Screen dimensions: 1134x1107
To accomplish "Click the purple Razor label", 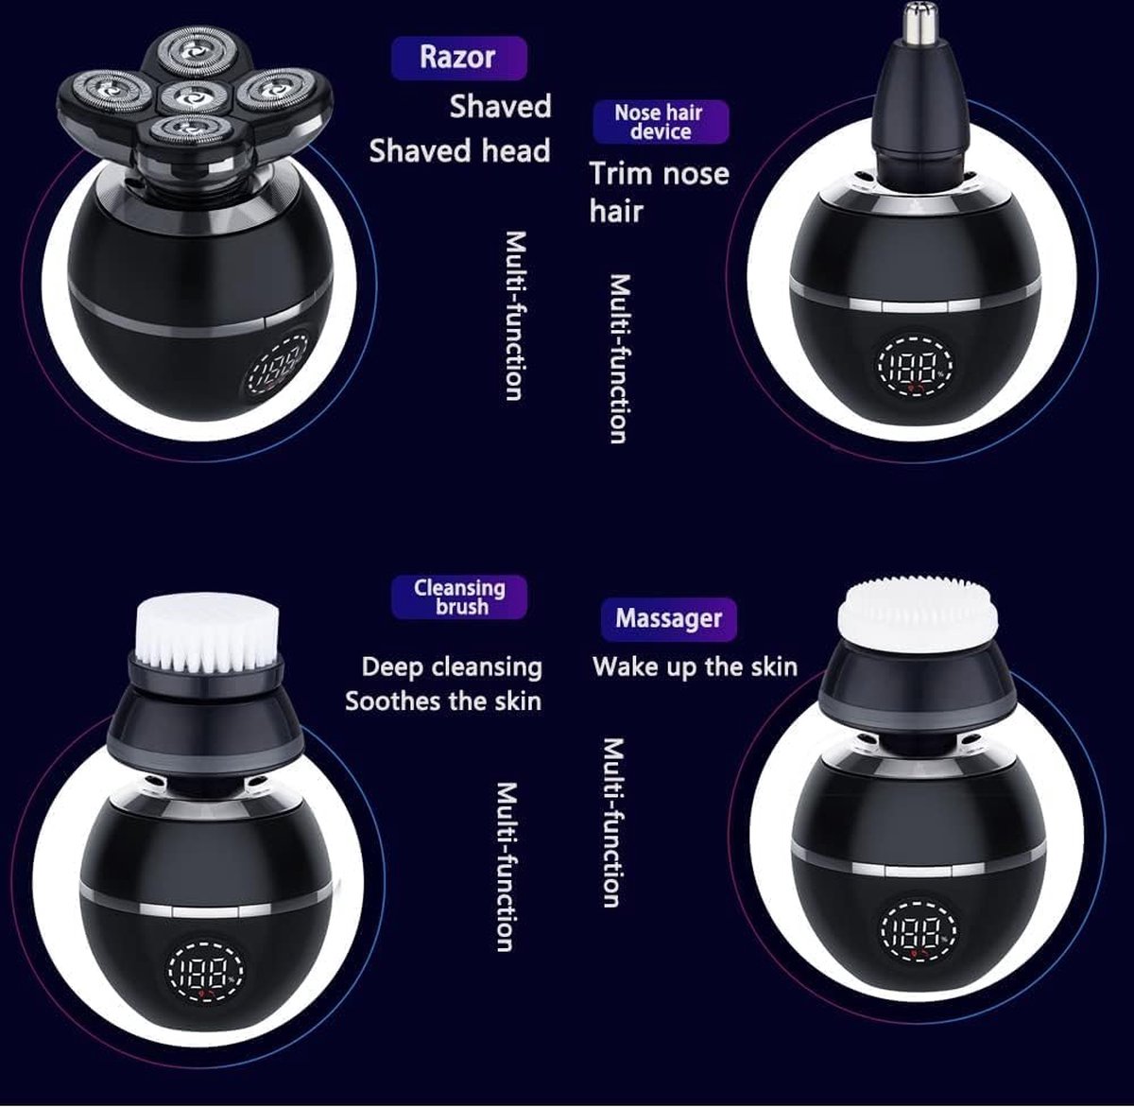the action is [x=458, y=58].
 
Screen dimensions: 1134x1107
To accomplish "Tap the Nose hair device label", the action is [x=661, y=122].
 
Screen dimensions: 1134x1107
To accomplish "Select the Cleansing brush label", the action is [x=458, y=597].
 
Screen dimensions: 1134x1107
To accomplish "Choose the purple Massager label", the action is [x=668, y=618].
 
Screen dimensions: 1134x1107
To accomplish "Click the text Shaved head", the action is [x=460, y=151].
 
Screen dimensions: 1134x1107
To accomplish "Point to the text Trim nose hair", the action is [x=659, y=192].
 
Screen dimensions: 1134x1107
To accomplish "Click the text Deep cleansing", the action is [x=452, y=667].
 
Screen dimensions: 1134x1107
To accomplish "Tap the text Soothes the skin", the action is [x=443, y=701].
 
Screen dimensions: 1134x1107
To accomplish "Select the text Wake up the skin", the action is [x=695, y=666].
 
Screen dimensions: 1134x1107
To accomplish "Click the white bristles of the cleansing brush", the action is [x=207, y=632].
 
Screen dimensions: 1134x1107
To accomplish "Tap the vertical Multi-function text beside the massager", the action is [x=613, y=823].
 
